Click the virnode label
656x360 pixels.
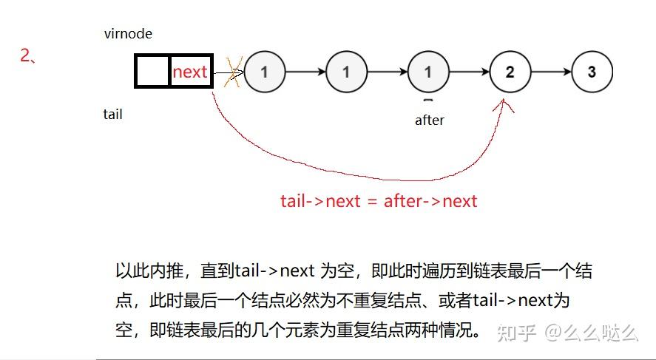[128, 34]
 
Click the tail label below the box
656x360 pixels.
[112, 114]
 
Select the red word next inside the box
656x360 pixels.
[190, 72]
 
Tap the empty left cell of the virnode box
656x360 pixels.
[152, 71]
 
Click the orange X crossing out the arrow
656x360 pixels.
[234, 72]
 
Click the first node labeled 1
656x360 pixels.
[264, 72]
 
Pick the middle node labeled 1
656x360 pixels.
[346, 72]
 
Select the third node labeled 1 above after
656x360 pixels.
[427, 72]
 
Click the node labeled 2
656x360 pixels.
[510, 72]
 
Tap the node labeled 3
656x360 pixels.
[592, 72]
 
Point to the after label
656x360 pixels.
[429, 120]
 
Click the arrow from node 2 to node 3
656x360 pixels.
[550, 72]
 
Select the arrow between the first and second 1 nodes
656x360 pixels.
[305, 72]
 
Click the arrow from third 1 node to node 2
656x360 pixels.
[469, 72]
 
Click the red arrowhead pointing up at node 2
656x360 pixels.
[507, 105]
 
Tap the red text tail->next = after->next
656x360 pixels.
[379, 200]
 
